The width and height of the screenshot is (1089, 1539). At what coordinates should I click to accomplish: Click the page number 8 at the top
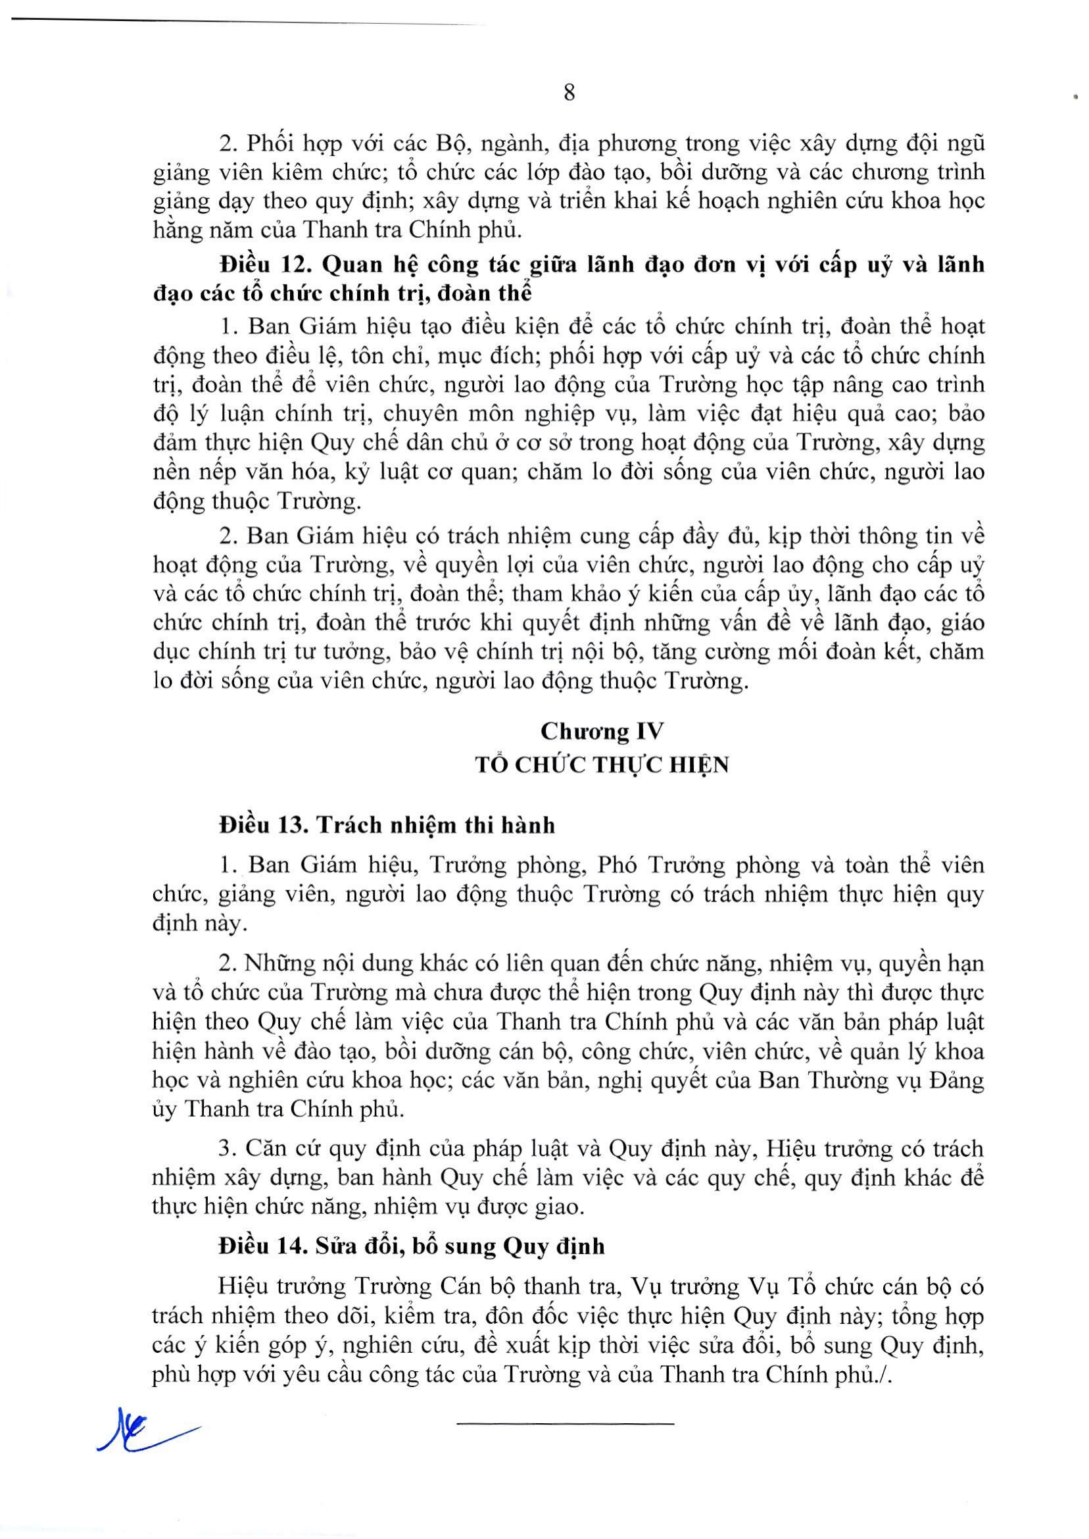[569, 92]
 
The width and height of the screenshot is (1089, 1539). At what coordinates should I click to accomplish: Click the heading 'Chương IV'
[602, 730]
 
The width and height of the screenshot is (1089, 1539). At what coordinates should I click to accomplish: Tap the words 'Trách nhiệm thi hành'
[435, 824]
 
